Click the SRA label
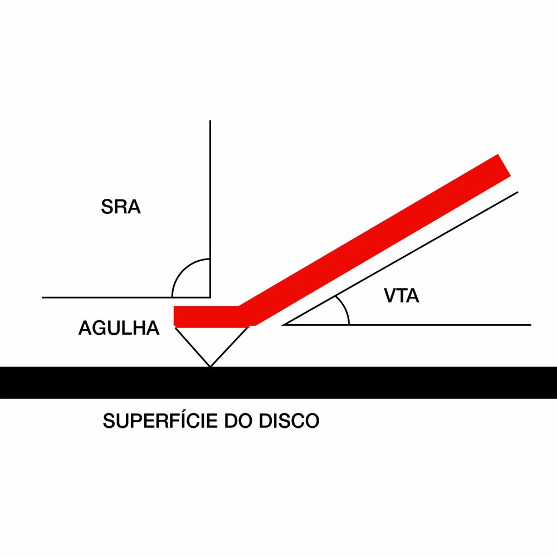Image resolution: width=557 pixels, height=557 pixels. pos(121,207)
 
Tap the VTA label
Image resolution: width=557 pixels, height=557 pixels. pos(401,296)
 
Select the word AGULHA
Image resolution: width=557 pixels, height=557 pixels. pos(119,328)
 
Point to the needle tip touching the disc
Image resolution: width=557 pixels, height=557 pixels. pos(210,367)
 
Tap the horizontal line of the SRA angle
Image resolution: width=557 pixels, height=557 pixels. pos(111,297)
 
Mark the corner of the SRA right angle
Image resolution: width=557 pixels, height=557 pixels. pos(210,297)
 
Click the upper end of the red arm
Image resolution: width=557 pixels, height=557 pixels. pos(502,166)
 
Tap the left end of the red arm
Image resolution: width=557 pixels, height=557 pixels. pos(177,316)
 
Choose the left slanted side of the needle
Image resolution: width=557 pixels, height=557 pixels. pos(193,346)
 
